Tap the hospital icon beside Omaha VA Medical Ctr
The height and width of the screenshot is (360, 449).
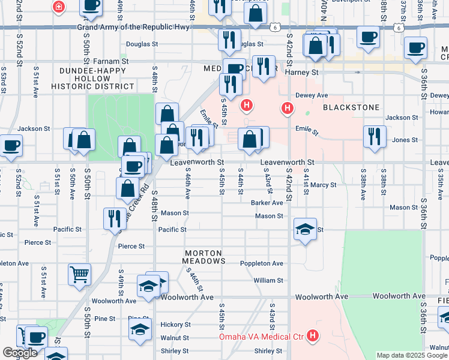coord(312,336)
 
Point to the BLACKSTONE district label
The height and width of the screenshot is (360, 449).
coord(351,107)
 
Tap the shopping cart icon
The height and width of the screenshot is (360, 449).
coord(79,275)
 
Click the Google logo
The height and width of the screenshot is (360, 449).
coord(20,352)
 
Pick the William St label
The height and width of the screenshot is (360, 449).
coord(268,280)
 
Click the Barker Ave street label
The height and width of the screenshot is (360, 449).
coord(267,203)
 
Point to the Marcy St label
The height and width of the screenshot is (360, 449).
coord(324,185)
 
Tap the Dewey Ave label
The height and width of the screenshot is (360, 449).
coord(312,95)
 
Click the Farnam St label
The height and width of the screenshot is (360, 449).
coord(112,61)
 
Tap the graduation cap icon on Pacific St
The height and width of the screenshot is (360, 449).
coord(305,229)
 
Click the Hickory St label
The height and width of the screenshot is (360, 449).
coord(175,324)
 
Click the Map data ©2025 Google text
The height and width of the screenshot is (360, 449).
coord(411,355)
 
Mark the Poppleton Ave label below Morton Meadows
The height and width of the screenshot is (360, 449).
coord(261,263)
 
